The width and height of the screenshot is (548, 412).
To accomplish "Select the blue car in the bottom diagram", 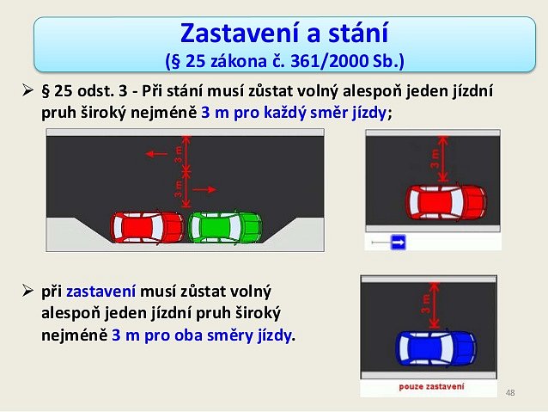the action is point(435,348).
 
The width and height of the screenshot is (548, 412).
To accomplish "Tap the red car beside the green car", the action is point(147,227).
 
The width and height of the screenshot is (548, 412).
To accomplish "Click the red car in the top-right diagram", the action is point(447,202).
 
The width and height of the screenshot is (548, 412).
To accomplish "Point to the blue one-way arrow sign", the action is point(399,243).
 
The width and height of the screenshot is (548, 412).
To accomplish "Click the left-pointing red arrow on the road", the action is point(156,154).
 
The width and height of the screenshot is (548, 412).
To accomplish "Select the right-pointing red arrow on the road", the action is point(204,189).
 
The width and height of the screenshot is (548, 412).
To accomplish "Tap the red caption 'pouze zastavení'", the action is point(432,386).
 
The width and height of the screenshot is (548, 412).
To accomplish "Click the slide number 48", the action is point(510,393).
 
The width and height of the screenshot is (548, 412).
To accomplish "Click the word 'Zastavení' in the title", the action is point(241,33).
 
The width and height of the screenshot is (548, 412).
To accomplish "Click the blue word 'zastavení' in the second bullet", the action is point(100,292).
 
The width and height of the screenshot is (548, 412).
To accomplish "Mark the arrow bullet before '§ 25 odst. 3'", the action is point(27,90).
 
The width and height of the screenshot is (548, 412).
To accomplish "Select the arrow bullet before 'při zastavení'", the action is point(27,291).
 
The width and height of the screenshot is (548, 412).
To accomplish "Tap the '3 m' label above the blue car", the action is point(426,304).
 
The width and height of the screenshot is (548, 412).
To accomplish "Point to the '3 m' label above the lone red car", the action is point(435,158).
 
